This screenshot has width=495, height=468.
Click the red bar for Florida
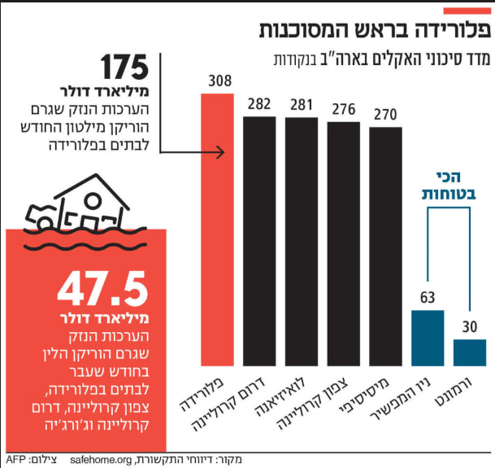pos(218,230)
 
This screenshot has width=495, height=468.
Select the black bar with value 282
pos(259,241)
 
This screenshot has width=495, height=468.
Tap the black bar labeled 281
pos(302,242)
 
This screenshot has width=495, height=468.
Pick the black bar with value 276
pos(344,244)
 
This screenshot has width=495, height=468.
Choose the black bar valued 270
pos(386,247)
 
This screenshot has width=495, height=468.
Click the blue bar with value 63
pos(428,338)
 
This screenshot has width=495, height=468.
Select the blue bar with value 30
pos(470,353)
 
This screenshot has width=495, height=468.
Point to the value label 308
pos(220,81)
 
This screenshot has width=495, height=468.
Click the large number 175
pos(124,67)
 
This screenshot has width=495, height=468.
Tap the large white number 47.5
pos(103,289)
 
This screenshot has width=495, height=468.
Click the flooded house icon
pos(86,212)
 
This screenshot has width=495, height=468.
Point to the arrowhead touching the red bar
pos(221,152)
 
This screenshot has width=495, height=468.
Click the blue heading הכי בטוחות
pos(449,186)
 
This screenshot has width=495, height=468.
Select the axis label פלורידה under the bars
pos(202,395)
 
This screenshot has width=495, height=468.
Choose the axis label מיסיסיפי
pos(364,396)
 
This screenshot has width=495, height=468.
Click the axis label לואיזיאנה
pos(280,398)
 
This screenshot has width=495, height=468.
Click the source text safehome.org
pos(101,460)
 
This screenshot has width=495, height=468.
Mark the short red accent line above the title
pos(467,11)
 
